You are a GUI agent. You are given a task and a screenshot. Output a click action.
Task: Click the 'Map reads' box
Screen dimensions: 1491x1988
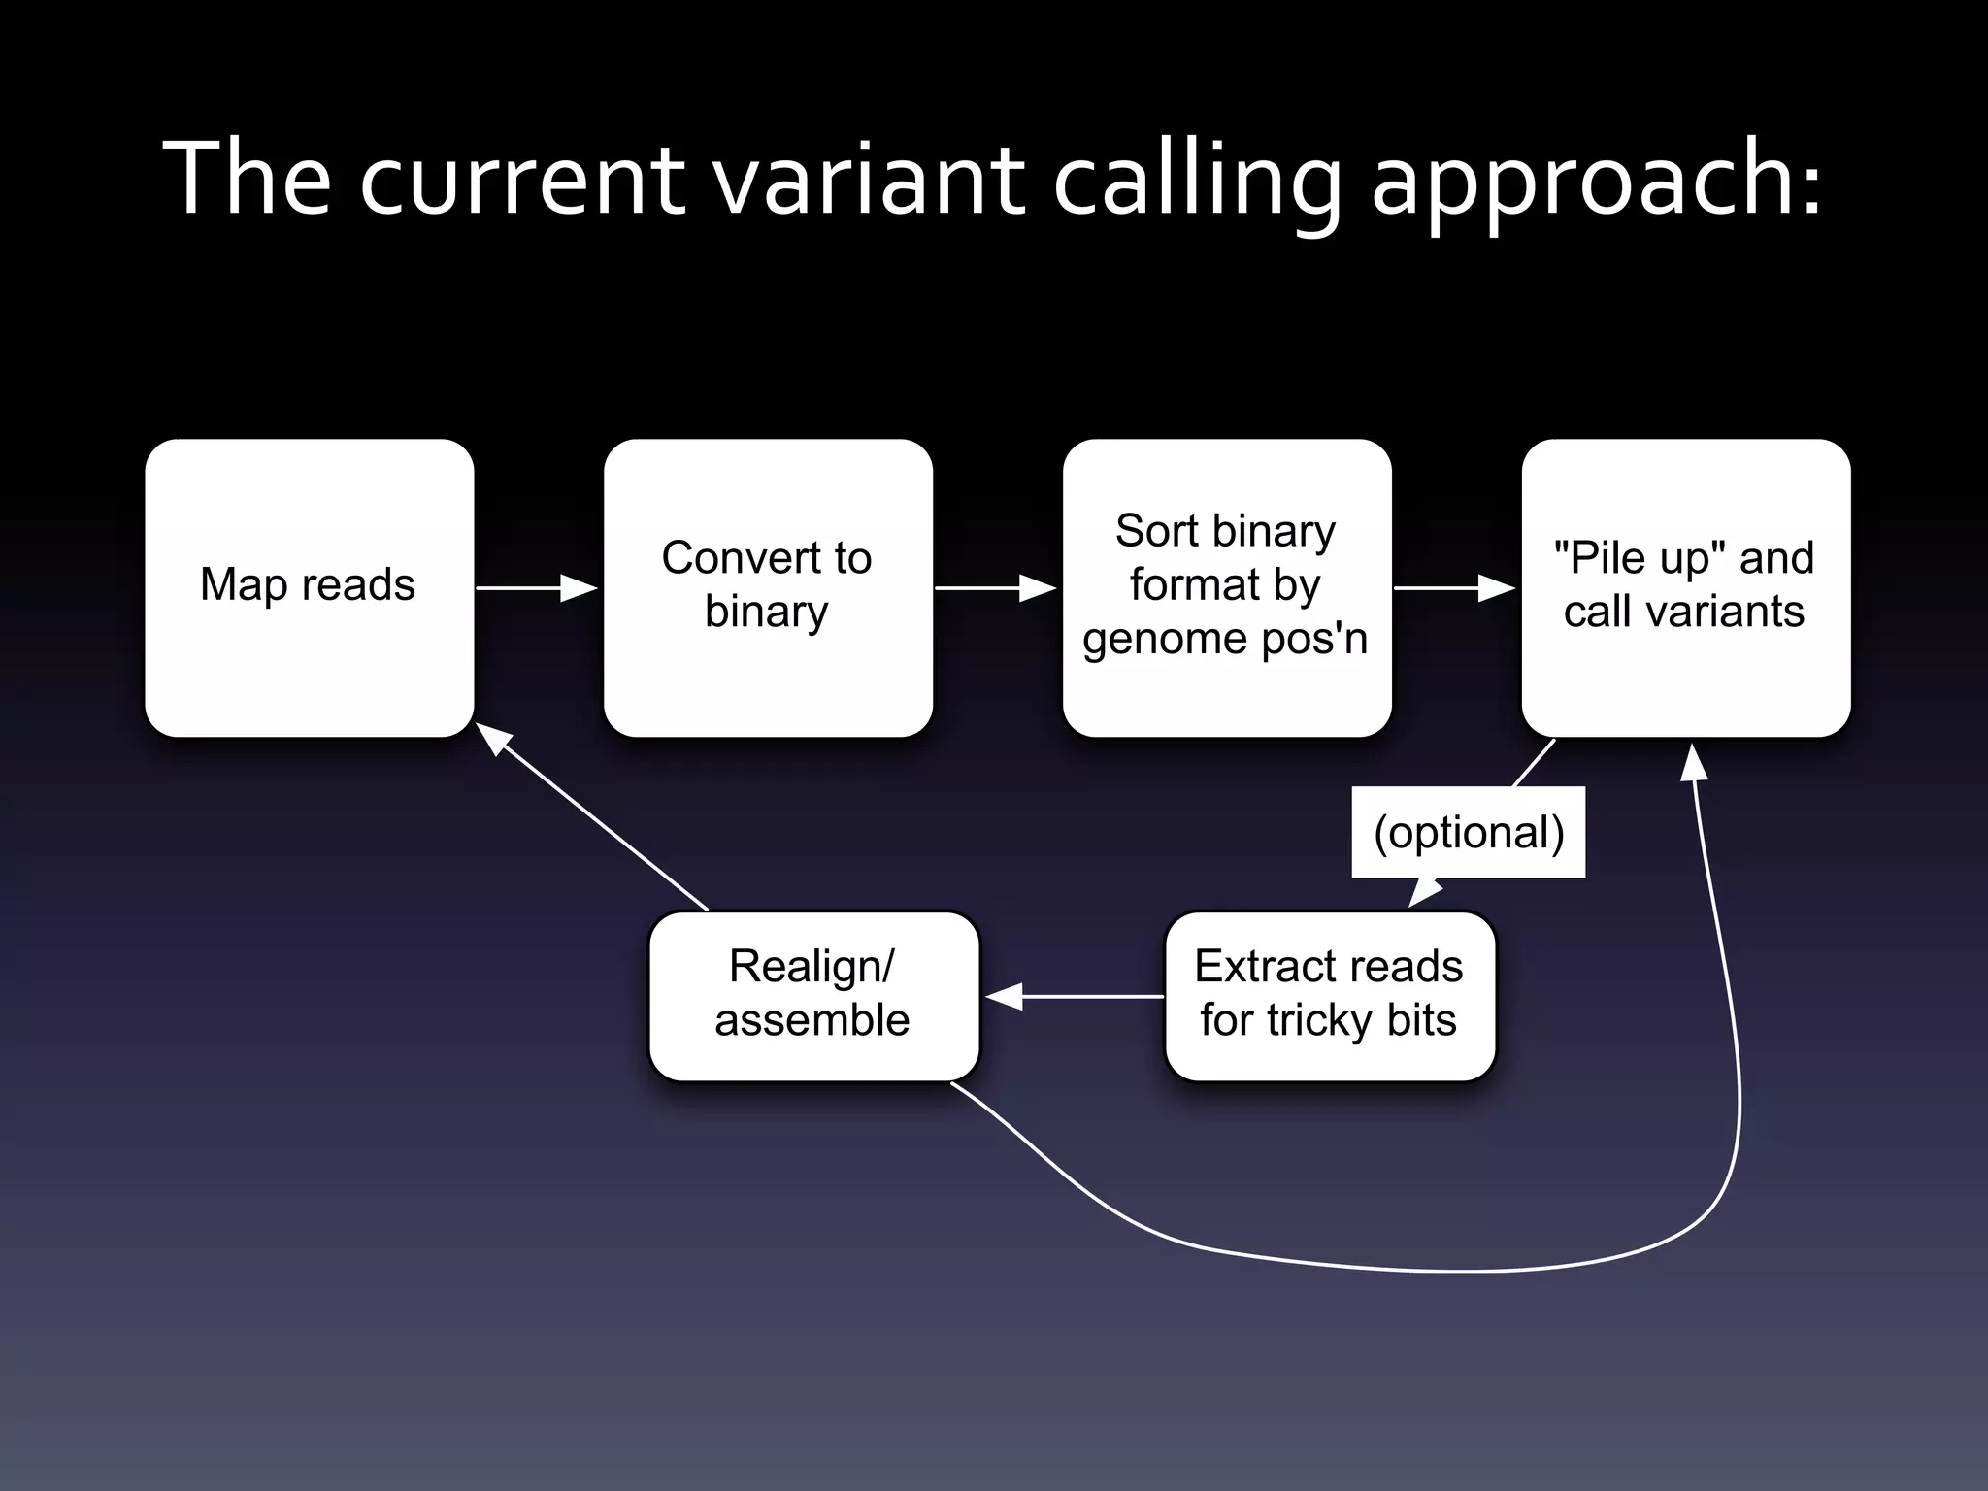point(309,587)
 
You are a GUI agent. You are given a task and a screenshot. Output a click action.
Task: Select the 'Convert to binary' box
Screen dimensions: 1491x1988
point(767,587)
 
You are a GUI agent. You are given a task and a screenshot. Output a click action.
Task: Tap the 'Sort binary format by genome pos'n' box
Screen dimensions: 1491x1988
point(1226,587)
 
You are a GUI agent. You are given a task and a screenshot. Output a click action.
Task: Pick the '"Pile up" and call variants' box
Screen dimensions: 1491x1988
point(1685,587)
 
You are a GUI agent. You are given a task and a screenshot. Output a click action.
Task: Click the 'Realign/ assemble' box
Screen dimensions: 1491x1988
point(813,995)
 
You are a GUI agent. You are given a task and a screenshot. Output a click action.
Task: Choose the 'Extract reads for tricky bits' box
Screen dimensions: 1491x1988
point(1329,995)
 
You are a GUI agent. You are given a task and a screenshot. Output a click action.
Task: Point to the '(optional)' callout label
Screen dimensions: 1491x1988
point(1469,833)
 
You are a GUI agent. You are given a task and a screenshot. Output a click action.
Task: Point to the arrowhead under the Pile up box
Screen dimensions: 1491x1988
point(1694,763)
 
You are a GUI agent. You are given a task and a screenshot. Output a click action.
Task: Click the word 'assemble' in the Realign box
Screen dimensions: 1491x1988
point(812,1021)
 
